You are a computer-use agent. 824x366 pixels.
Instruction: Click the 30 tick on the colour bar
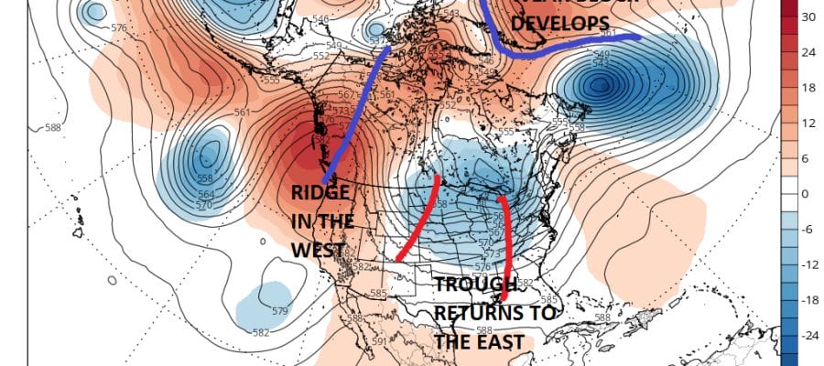[x=808, y=16]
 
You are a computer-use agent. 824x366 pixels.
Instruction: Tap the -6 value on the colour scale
[x=808, y=230]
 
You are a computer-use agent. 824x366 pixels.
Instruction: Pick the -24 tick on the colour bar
[x=808, y=336]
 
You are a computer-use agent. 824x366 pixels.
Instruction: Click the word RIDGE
[x=320, y=192]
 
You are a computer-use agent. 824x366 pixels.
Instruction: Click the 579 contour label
[x=280, y=312]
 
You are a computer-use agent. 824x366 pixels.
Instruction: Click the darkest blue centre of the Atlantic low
[x=601, y=85]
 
